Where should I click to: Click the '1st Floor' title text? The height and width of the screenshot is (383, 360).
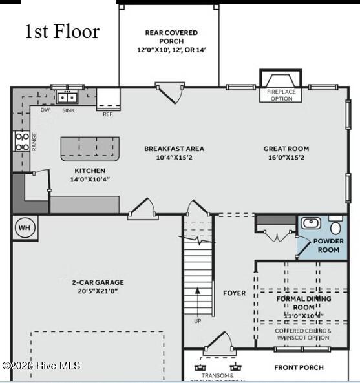point(62,32)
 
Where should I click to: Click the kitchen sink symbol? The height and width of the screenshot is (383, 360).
point(67,98)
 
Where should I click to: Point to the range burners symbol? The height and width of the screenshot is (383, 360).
point(21,141)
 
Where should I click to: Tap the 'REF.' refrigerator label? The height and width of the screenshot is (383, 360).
point(108,114)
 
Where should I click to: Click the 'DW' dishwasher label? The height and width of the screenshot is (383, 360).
point(45,110)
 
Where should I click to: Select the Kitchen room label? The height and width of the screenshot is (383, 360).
point(90,171)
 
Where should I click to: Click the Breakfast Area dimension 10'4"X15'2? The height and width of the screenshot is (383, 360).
point(168,158)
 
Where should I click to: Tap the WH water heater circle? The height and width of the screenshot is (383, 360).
point(24,227)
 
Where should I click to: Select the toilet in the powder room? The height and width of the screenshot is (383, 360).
point(335,227)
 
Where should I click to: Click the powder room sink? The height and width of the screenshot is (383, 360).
point(311,223)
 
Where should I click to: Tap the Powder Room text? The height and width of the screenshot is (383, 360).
point(328,245)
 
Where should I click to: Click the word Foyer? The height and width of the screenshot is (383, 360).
point(234,293)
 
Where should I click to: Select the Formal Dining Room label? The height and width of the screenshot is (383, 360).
point(303,303)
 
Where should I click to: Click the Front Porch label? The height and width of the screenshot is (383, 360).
point(299,367)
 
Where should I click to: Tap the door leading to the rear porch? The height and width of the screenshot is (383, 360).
point(170,93)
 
